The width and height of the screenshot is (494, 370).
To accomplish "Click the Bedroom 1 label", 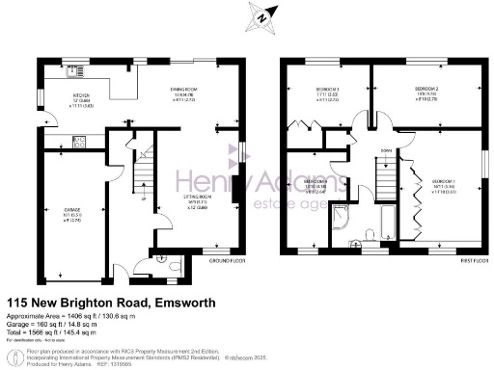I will [444, 185].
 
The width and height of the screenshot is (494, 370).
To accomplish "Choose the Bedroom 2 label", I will [425, 92].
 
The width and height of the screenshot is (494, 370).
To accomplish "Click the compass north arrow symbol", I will [259, 16].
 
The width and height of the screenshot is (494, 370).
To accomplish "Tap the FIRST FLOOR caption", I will [470, 260].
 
